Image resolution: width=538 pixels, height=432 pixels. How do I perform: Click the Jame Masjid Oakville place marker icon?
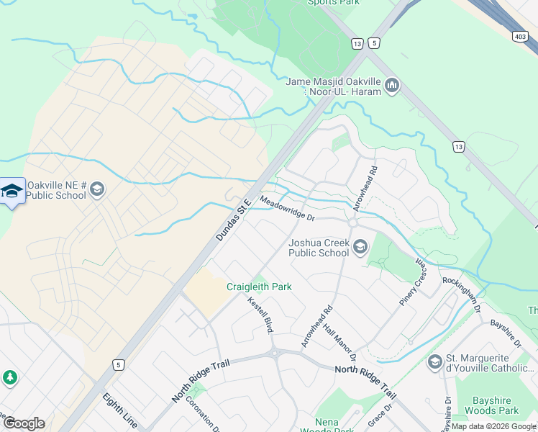tap(392, 86)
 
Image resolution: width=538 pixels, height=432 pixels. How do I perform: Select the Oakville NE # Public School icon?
tap(97, 190)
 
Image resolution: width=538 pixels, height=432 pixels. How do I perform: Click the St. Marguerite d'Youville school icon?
tap(434, 361)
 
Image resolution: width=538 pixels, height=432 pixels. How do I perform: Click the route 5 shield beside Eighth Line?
tap(117, 366)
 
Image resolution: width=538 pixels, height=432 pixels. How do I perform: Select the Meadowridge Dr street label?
tap(288, 209)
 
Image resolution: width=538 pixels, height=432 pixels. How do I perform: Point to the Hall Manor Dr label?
tap(340, 342)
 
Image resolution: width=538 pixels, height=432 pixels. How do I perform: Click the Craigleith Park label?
tap(259, 287)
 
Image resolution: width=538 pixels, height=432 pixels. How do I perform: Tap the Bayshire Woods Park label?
tap(496, 405)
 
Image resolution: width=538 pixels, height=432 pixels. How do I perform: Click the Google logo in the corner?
tap(24, 423)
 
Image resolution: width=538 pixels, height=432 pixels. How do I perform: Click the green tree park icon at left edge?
tap(10, 377)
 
